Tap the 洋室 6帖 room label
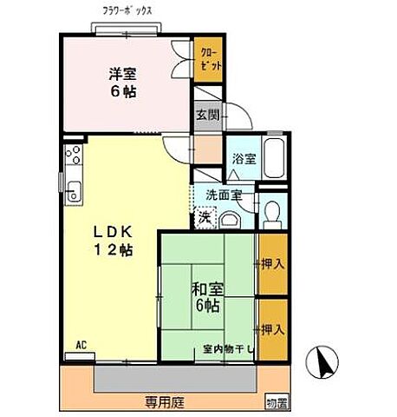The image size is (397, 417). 125,82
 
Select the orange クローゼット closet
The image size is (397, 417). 207,61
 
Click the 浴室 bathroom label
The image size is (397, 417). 244,159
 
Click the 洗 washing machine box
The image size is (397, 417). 205,217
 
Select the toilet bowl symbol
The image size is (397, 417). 273,212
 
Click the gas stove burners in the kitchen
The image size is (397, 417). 72,157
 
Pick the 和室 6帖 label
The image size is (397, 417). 205,298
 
